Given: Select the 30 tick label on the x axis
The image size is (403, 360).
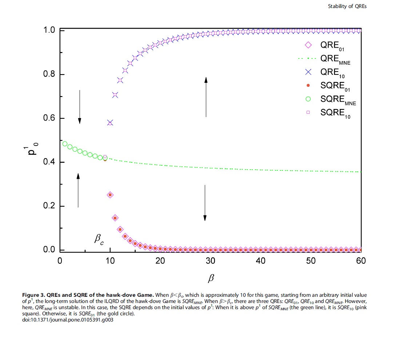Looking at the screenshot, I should pos(210,261).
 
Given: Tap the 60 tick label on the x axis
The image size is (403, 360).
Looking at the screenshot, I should pos(361,261).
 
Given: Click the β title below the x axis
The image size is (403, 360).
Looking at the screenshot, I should pos(211,279).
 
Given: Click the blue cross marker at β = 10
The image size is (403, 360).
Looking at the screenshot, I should pos(110,123).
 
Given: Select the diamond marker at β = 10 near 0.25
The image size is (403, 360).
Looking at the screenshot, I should pos(110,195).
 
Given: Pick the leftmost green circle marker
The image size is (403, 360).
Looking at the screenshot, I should pos(65,143).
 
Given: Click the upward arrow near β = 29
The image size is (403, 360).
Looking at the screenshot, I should pos(206,97).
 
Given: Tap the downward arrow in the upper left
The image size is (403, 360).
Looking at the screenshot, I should pos(80,107).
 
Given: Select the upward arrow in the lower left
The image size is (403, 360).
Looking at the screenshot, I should pos(78,190).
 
